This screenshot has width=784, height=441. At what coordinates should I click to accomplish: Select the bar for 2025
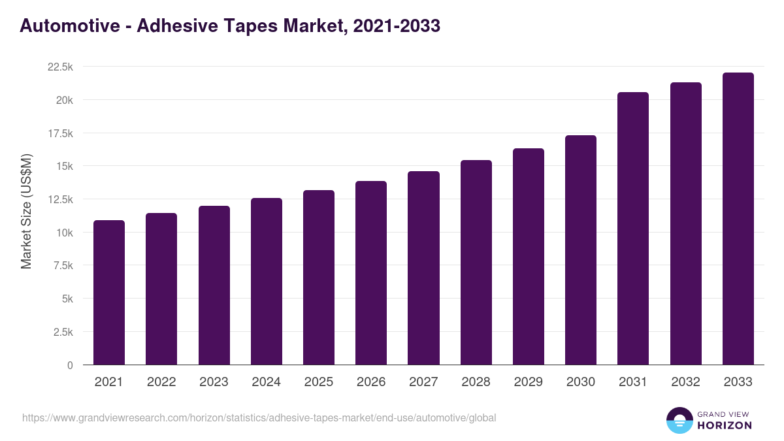pyautogui.click(x=318, y=278)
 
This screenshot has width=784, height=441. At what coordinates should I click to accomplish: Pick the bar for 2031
pyautogui.click(x=633, y=229)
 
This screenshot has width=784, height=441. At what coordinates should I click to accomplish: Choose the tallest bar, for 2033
pyautogui.click(x=738, y=219)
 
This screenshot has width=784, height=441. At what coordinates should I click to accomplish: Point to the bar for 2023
pyautogui.click(x=214, y=286)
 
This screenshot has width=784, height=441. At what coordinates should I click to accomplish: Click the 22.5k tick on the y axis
pyautogui.click(x=59, y=67)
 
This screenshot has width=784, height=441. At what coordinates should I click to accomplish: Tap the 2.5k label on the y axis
pyautogui.click(x=63, y=332)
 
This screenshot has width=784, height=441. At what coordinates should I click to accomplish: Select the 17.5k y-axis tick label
pyautogui.click(x=59, y=133)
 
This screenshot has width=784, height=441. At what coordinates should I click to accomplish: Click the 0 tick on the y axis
pyautogui.click(x=70, y=365)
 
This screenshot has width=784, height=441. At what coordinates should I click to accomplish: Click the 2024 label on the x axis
pyautogui.click(x=266, y=382)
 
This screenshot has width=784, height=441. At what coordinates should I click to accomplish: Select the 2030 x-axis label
pyautogui.click(x=580, y=382)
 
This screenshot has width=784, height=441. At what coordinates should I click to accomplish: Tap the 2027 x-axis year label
pyautogui.click(x=423, y=382)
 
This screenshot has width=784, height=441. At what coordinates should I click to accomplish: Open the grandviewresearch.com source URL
pyautogui.click(x=259, y=417)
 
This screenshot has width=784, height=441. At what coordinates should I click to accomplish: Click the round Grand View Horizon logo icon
pyautogui.click(x=679, y=420)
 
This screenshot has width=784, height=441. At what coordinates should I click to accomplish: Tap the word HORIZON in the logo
pyautogui.click(x=724, y=425)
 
